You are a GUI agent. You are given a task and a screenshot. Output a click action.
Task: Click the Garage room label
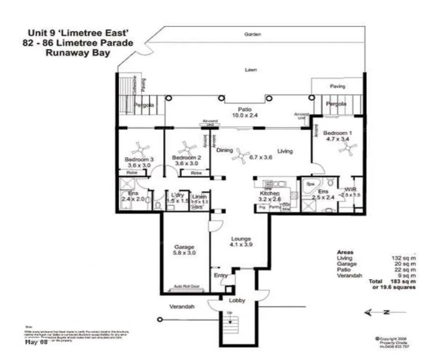pos(183,246)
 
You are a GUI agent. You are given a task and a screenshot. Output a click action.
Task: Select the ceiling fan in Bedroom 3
pos(137,150)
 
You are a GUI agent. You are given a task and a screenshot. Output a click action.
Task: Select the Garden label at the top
pos(252,34)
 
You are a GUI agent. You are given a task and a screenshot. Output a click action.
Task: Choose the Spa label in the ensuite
pos(310,183)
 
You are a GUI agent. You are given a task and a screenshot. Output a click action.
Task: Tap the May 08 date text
pos(36,341)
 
